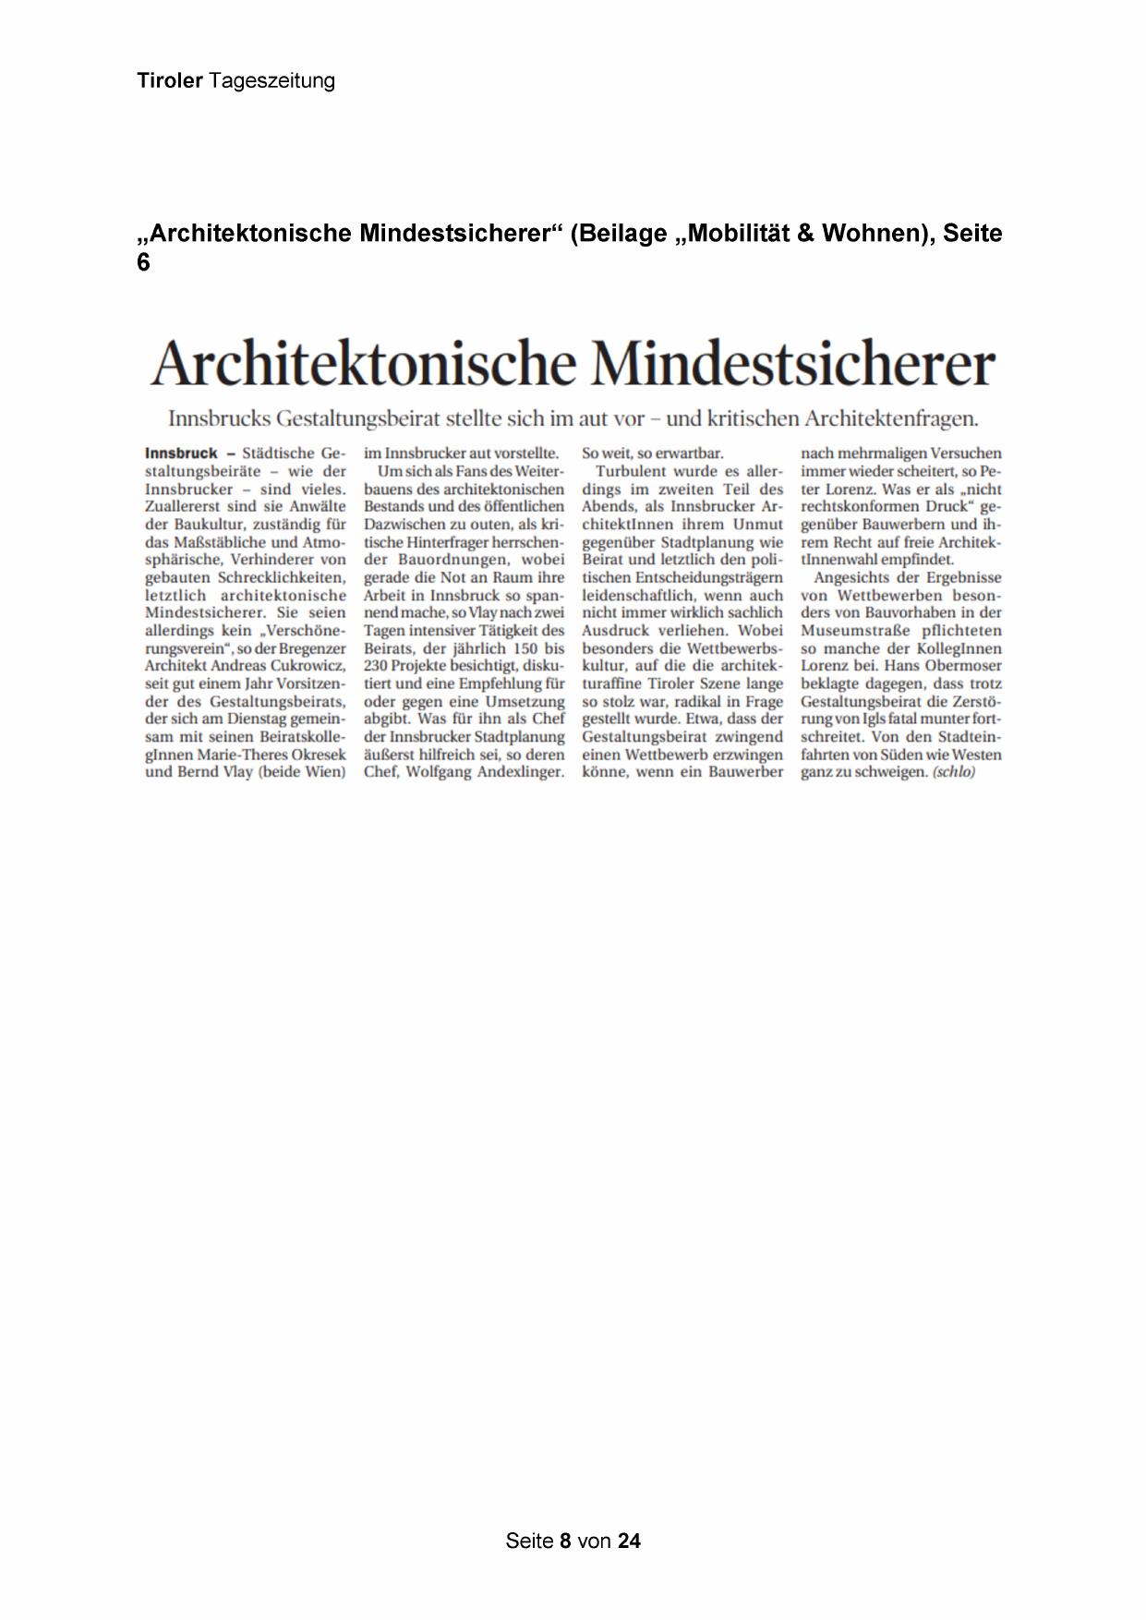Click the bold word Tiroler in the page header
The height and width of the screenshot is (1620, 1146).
pos(170,81)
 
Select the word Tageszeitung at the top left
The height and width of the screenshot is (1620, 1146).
pos(271,82)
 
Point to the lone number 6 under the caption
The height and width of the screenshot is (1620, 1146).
pos(143,263)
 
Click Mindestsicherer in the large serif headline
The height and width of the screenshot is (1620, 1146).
pos(793,365)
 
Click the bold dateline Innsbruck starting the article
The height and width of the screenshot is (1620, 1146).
pos(181,453)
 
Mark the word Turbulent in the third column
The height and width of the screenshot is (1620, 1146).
pos(632,472)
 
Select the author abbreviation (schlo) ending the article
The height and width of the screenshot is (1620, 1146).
pos(953,772)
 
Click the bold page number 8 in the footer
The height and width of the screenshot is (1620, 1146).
pos(566,1541)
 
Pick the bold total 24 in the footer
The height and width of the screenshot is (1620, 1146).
pos(629,1541)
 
